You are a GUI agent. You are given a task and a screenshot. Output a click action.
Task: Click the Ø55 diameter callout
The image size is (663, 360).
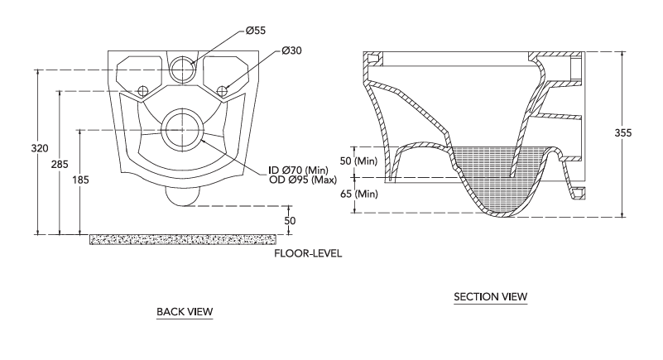click(x=256, y=31)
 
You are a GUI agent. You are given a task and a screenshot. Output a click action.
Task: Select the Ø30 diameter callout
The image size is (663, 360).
click(x=291, y=50)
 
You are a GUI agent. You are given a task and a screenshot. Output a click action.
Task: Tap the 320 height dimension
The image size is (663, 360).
click(x=40, y=148)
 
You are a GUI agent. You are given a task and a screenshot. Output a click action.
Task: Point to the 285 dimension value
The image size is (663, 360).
click(x=60, y=164)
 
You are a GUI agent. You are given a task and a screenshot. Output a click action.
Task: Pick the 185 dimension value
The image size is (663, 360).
click(x=80, y=180)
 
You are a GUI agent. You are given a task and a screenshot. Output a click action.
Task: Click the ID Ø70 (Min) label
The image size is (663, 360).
click(x=298, y=170)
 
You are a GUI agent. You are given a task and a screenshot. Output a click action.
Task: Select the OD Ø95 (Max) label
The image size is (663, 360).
click(x=303, y=180)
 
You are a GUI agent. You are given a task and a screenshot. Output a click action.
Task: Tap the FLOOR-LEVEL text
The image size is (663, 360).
click(x=308, y=253)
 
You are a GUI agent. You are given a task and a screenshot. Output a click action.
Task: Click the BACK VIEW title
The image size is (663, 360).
click(x=185, y=312)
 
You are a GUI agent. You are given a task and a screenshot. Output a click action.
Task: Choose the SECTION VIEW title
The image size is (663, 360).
click(x=491, y=296)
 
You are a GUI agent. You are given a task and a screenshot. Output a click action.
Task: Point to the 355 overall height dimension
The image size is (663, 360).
click(x=622, y=133)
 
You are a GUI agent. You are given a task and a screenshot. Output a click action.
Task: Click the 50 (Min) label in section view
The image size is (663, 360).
click(x=358, y=161)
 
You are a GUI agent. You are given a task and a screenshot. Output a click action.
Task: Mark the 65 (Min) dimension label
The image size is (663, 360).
click(x=358, y=194)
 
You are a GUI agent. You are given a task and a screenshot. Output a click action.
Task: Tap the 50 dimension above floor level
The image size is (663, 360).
click(x=290, y=221)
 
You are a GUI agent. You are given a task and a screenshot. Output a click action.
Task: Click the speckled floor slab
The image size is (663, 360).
click(x=183, y=239)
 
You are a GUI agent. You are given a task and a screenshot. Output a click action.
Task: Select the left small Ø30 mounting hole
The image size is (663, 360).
click(x=142, y=90)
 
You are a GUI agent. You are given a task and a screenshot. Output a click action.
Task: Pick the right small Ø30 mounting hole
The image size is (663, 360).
click(x=222, y=90)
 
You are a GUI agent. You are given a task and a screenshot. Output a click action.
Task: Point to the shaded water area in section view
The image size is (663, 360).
click(x=491, y=177)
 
